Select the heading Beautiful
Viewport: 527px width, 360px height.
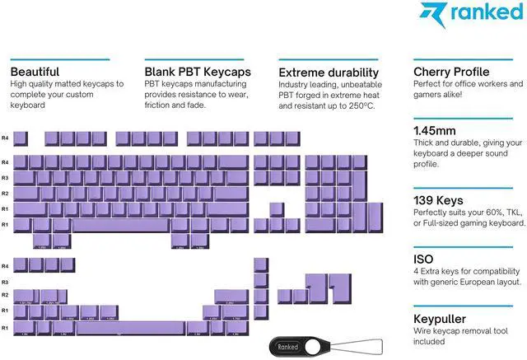pyautogui.click(x=35, y=72)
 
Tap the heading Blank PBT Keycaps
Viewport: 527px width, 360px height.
pyautogui.click(x=198, y=72)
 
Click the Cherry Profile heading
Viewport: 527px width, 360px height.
pyautogui.click(x=451, y=72)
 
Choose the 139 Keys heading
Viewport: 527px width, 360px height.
pyautogui.click(x=441, y=200)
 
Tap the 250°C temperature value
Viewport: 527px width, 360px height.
pyautogui.click(x=359, y=106)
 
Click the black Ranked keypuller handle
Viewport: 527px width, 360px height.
pyautogui.click(x=289, y=347)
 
